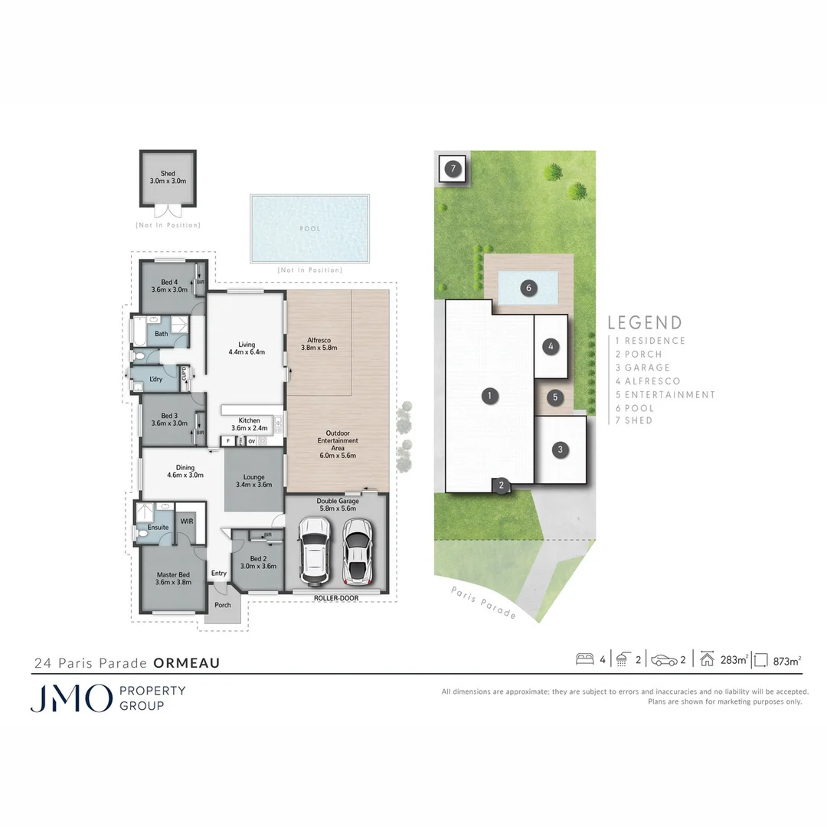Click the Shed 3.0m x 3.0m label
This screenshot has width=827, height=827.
pyautogui.click(x=168, y=178)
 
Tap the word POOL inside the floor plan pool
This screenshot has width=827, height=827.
pyautogui.click(x=310, y=228)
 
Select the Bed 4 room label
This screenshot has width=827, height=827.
pyautogui.click(x=169, y=286)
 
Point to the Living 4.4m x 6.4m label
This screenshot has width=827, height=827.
pyautogui.click(x=246, y=348)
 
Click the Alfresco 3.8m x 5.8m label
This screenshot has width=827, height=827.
pyautogui.click(x=319, y=343)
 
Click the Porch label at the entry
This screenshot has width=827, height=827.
pyautogui.click(x=222, y=605)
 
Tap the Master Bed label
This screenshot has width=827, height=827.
pyautogui.click(x=173, y=578)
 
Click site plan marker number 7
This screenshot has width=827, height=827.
pyautogui.click(x=453, y=168)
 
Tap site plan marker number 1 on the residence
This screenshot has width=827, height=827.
pyautogui.click(x=488, y=396)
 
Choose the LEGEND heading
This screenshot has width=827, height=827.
pyautogui.click(x=644, y=323)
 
